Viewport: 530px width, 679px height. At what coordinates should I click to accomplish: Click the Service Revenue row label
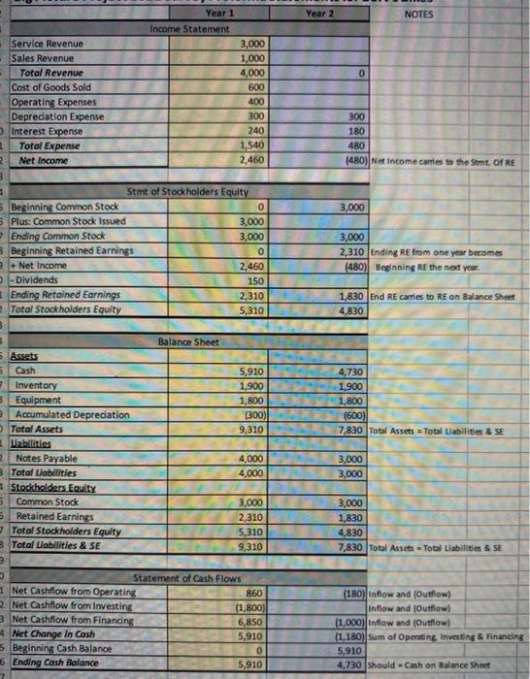pos(49,45)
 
